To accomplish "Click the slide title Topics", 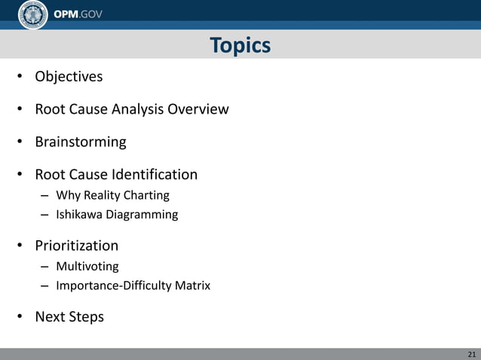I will tap(240, 46).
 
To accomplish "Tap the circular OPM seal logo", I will tap(32, 14).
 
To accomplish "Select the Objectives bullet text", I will tap(69, 77).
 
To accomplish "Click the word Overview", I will tap(198, 109).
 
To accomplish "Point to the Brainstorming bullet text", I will tap(81, 142).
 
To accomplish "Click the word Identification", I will tap(155, 175).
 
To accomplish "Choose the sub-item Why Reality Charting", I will tap(112, 196).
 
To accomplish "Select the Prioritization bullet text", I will tap(76, 246).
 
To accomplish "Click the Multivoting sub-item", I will tap(87, 267).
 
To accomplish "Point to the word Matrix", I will tap(192, 285).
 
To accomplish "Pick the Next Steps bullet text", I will tap(69, 317).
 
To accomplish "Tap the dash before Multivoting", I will tap(45, 267).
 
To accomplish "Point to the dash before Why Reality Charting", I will tap(45, 196).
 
